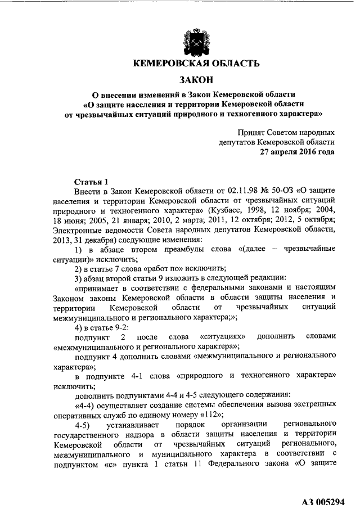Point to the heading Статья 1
(x=91, y=182)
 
